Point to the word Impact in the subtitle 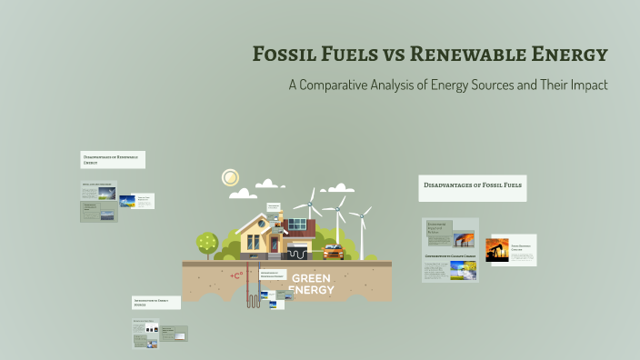point(585,85)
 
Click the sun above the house point(230,177)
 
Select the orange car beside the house point(333,251)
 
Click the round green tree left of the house point(207,243)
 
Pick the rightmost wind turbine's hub point(362,217)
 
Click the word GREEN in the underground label point(311,278)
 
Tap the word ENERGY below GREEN point(311,290)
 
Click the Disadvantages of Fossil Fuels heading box point(472,187)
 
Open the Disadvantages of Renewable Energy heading point(112,160)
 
